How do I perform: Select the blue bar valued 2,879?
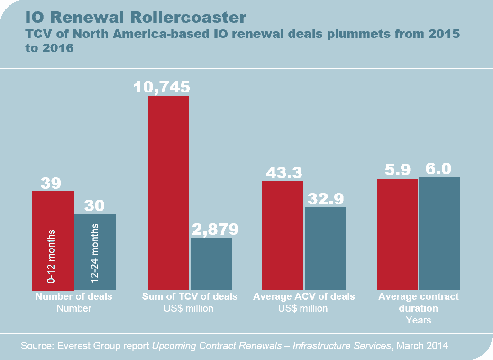coord(211,264)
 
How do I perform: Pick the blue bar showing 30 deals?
coord(95,252)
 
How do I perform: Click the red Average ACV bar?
coord(283,235)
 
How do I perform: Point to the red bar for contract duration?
coord(397,234)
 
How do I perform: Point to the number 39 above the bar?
coord(51,183)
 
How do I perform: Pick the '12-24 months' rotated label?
coord(94,257)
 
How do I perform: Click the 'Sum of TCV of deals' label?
coord(190,297)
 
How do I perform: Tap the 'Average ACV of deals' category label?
coord(304,297)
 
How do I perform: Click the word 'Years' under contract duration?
coord(419,320)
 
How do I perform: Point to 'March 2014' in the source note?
coord(422,346)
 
